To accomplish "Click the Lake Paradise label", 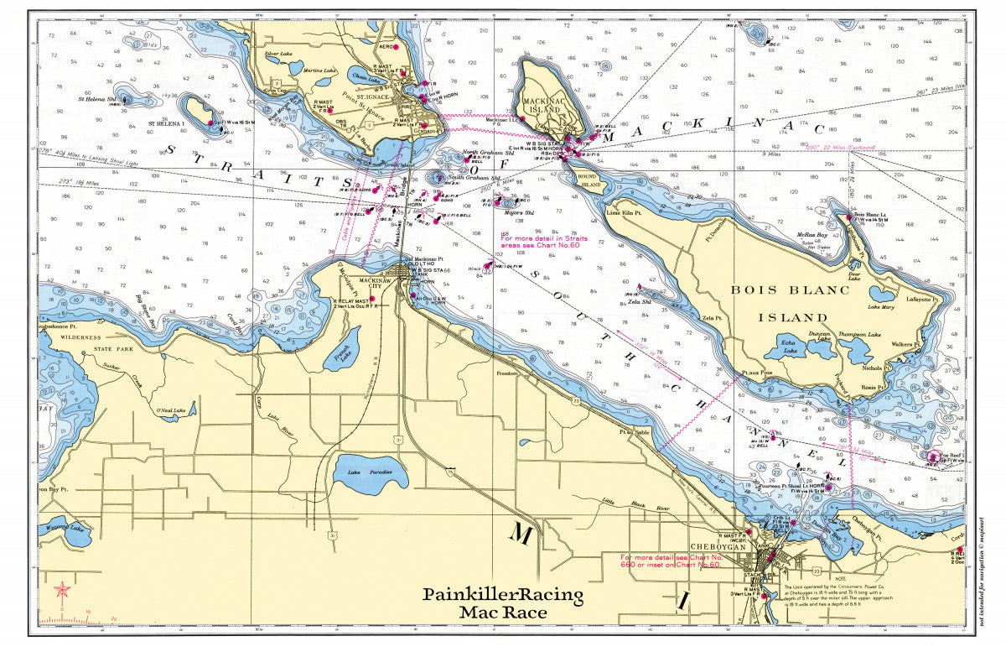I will point(370,472).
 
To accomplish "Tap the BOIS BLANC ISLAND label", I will point(790,304).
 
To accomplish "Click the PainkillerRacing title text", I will point(502,595).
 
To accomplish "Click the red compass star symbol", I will point(61,590).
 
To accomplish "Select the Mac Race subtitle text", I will point(502,613).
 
